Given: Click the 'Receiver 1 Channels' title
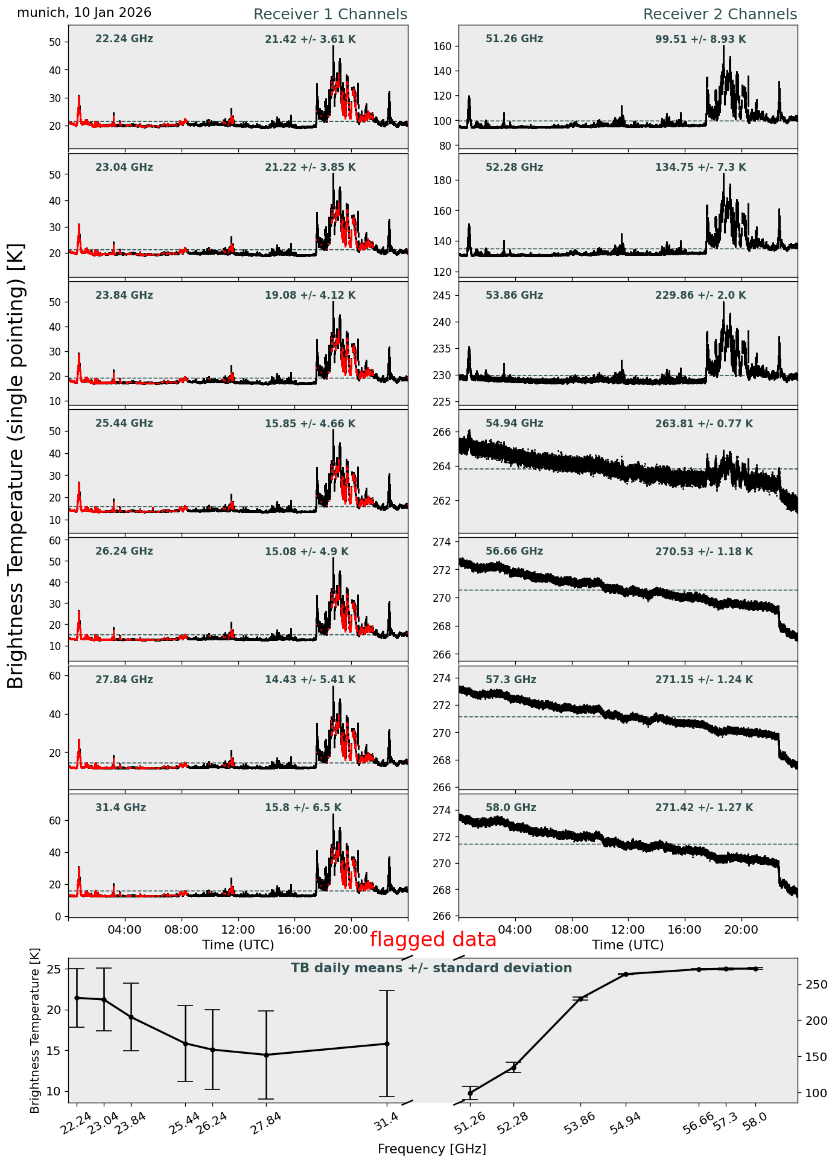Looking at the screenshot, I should tap(330, 14).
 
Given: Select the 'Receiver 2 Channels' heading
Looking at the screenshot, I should tap(720, 14).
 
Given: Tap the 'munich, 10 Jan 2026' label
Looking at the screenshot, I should tap(84, 13).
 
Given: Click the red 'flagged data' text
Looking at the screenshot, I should tap(433, 940).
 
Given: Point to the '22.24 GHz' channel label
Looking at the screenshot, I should tap(124, 39).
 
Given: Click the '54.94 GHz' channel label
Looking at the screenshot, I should tap(514, 424).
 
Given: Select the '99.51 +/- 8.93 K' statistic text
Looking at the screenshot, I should tap(700, 40).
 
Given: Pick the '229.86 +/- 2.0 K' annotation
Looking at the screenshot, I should tap(700, 296).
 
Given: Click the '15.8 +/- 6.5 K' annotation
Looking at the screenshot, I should tap(303, 808).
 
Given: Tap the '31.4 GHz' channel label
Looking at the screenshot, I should tap(121, 808).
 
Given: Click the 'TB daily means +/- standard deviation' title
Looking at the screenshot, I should tap(431, 969).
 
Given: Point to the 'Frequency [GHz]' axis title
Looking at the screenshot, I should tap(431, 1149).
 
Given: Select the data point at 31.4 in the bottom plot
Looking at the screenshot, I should tap(387, 1044).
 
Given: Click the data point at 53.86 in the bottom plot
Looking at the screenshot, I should tap(580, 999).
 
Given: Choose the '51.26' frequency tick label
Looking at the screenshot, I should tap(470, 1123).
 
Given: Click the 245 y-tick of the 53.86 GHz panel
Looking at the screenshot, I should tap(446, 296).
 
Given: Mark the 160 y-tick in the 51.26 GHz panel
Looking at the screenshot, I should tap(446, 46).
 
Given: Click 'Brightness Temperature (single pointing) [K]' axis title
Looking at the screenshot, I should tap(16, 465).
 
